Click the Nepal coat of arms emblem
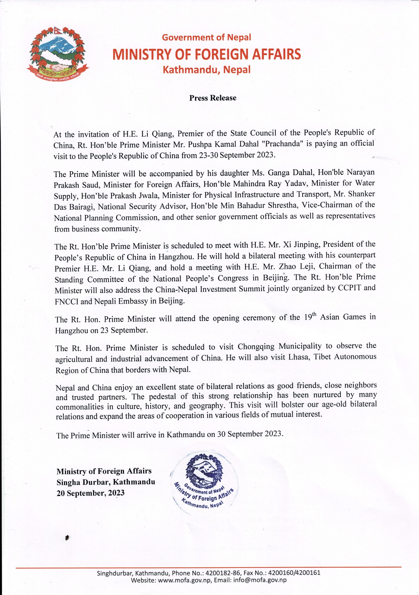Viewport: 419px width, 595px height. (58, 53)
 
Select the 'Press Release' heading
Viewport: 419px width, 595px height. (213, 98)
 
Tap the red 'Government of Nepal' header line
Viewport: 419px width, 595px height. (206, 38)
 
